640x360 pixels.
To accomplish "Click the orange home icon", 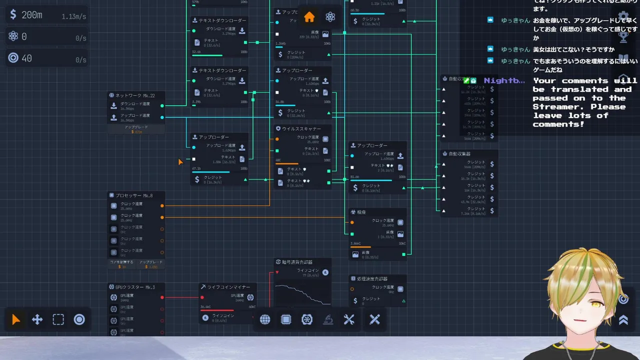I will (309, 17).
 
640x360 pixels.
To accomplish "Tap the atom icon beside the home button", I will (330, 17).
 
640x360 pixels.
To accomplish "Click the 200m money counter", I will (32, 15).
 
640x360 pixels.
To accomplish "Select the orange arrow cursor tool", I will (16, 320).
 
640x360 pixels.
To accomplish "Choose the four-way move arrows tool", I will (37, 320).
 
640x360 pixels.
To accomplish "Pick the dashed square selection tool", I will (58, 320).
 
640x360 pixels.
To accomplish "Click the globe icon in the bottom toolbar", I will (265, 320).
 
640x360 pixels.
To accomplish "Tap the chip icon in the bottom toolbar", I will (286, 320).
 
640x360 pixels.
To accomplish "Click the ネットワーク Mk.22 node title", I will (135, 95).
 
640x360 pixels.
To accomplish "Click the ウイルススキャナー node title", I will (301, 129).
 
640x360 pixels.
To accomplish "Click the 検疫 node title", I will (362, 212).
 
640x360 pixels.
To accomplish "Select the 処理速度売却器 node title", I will (372, 279).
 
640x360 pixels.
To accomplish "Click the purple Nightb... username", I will (504, 80).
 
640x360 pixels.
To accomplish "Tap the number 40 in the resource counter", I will (27, 58).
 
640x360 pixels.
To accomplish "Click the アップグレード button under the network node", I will (136, 129).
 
